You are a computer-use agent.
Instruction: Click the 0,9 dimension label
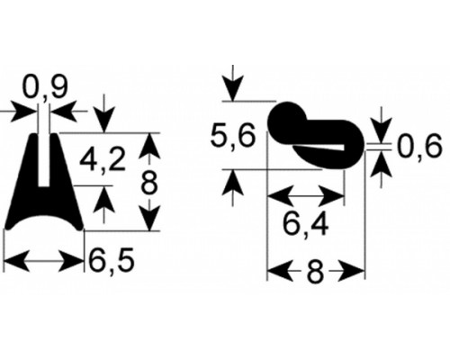(46, 87)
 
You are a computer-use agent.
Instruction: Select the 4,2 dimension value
(103, 161)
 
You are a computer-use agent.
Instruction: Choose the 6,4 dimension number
(306, 225)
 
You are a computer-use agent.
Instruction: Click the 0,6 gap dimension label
(420, 147)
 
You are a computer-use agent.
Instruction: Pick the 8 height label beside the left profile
(149, 183)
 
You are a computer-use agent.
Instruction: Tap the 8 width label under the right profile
(316, 273)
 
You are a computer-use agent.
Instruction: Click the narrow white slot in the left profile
(44, 160)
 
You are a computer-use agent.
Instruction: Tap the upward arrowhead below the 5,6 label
(233, 183)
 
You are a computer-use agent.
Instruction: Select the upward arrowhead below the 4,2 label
(103, 199)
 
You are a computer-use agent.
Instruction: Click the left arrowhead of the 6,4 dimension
(280, 197)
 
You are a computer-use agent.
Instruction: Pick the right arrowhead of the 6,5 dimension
(71, 260)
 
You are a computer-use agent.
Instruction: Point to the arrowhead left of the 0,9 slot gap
(24, 112)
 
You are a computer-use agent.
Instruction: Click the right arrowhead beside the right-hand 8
(352, 271)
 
